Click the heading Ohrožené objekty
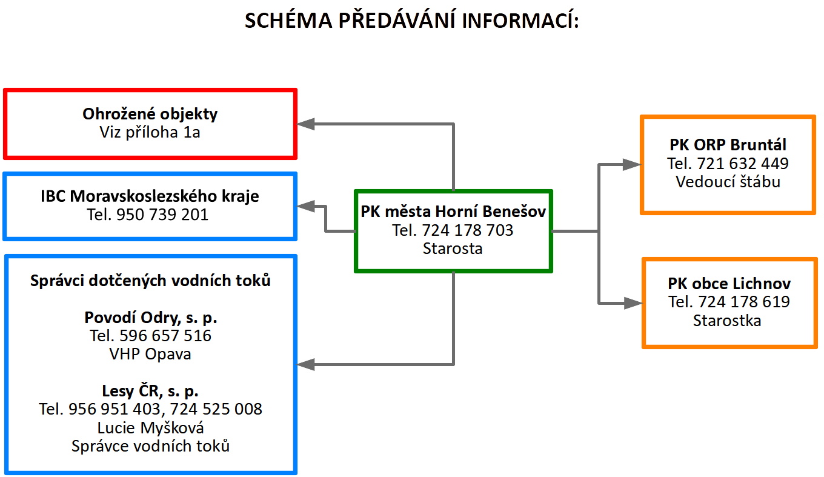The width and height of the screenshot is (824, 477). [150, 113]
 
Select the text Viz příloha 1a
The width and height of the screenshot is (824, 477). [150, 132]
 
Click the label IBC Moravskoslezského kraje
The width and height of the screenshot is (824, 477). [150, 196]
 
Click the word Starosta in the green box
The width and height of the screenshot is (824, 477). [453, 249]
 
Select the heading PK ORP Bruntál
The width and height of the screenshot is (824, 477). [728, 145]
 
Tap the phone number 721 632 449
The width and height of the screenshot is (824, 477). [743, 164]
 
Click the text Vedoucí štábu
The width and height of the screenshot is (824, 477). [728, 182]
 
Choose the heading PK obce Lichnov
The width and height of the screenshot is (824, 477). [729, 284]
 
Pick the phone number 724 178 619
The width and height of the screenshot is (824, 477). [744, 302]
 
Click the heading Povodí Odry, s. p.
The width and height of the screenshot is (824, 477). [150, 318]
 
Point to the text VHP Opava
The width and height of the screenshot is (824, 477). [150, 354]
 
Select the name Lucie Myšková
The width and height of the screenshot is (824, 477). [150, 428]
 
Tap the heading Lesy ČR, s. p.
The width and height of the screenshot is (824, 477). [150, 391]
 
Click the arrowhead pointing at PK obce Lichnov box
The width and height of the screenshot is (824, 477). [633, 302]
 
